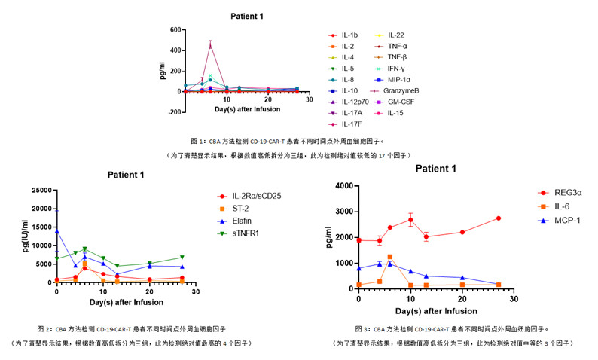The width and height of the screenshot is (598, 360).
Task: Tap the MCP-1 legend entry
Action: click(554, 221)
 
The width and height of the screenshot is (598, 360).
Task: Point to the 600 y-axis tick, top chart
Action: click(175, 30)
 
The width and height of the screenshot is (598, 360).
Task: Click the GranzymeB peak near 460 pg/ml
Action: click(211, 44)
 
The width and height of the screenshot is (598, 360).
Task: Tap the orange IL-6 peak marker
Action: click(389, 257)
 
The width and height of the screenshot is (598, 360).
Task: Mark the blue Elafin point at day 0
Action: click(56, 230)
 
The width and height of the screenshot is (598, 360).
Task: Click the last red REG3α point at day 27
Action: click(498, 218)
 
